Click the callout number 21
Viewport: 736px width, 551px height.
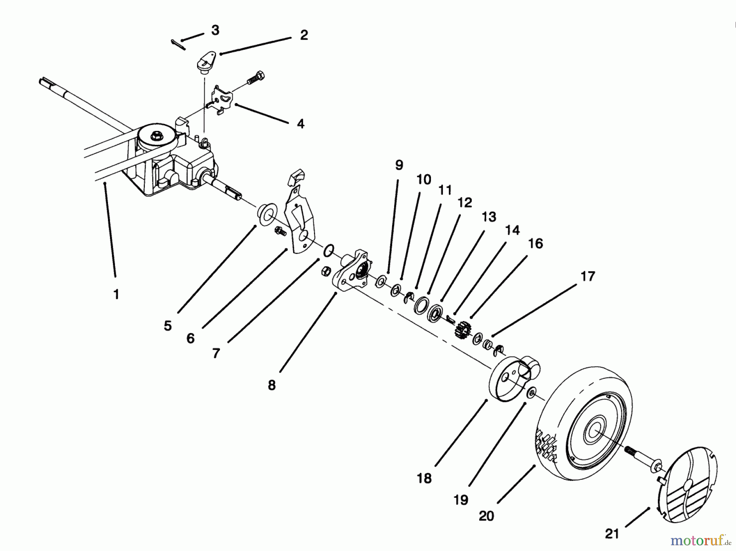[612, 534]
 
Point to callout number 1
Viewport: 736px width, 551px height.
[116, 294]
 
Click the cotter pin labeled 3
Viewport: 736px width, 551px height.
[178, 45]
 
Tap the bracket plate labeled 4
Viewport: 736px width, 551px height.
[221, 103]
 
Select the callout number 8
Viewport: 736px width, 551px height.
[272, 385]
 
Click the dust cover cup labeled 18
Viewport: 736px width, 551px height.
[511, 376]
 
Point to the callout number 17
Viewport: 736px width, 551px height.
[588, 277]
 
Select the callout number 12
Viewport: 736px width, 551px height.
[464, 202]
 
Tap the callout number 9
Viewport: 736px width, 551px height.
[399, 165]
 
